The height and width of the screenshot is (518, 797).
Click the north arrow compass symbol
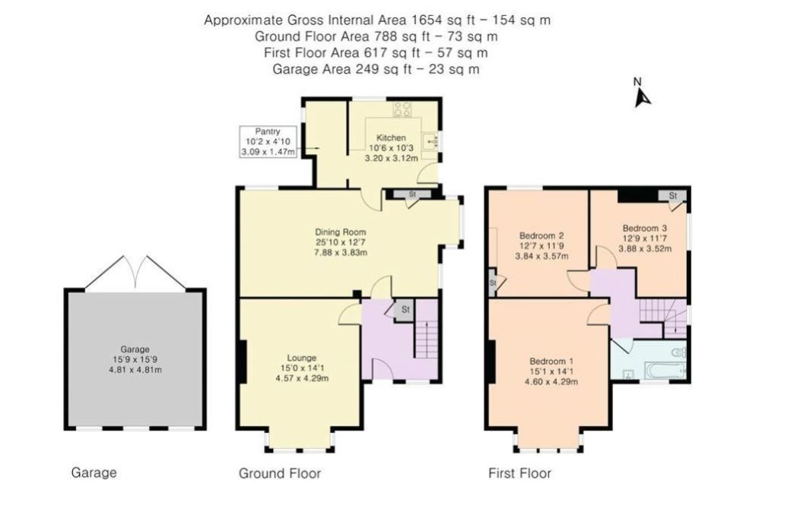coord(643,96)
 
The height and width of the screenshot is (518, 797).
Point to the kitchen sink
coord(431,140)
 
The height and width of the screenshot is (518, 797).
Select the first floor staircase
coord(659,311)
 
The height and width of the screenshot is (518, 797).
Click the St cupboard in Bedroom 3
coord(673,196)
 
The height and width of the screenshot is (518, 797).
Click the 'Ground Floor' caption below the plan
coord(280,473)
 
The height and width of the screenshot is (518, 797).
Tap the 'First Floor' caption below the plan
coord(519,473)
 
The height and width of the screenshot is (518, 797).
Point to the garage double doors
coord(135,273)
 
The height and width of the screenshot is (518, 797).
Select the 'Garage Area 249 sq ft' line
coord(376,69)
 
